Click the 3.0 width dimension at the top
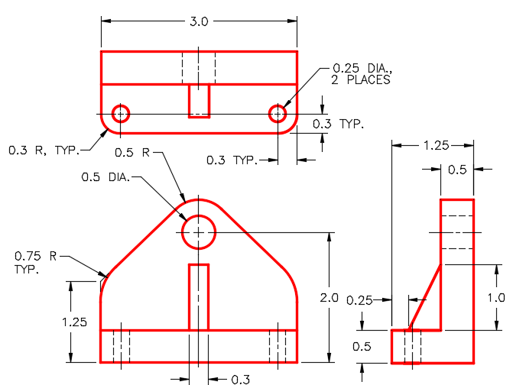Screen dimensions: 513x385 tap(199, 21)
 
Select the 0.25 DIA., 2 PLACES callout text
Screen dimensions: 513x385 tap(361, 74)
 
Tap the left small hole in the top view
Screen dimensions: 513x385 tap(121, 114)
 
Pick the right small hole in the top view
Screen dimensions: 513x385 tap(278, 114)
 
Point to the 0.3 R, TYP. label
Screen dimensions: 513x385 tap(44, 150)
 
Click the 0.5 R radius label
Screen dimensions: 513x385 tap(132, 152)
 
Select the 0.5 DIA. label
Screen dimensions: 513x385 tap(106, 177)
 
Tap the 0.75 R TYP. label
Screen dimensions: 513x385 tap(36, 262)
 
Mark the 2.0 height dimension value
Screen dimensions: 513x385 tap(330, 298)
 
